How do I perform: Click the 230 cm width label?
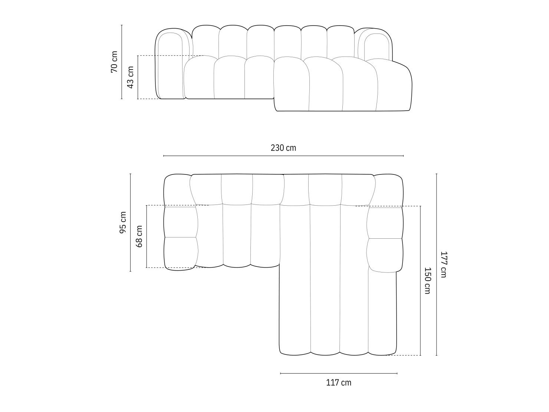pos(283,148)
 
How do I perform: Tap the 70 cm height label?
pos(114,62)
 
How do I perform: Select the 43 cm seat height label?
pos(130,77)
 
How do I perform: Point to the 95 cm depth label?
pos(123,222)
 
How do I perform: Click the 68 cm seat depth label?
pos(139,236)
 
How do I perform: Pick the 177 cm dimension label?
pos(444,264)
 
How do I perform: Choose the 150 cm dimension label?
pos(427,281)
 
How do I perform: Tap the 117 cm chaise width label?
pos(338,382)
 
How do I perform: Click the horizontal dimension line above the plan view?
pos(283,156)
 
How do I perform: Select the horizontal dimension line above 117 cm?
pos(338,373)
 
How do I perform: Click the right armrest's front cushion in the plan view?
pos(385,255)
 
